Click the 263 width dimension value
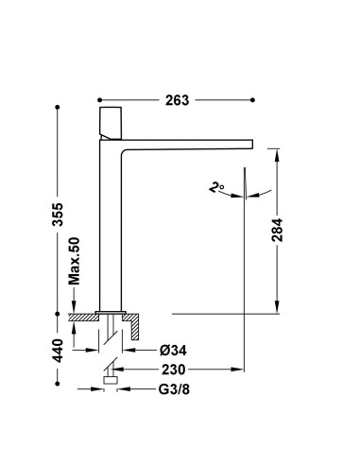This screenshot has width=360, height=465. pos(177,100)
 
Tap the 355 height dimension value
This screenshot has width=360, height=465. pos(58,215)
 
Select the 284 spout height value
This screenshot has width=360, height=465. pos(277,230)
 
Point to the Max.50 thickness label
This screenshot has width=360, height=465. pos(75,261)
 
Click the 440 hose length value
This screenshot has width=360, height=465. pos(58,351)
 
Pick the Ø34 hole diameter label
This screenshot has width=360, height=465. pos(173,350)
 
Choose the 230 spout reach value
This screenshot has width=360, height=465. pos(174,370)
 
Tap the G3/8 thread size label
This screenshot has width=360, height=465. pos(174,389)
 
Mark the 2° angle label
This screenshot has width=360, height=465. pos(216,187)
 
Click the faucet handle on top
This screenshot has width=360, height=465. pos(111,123)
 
